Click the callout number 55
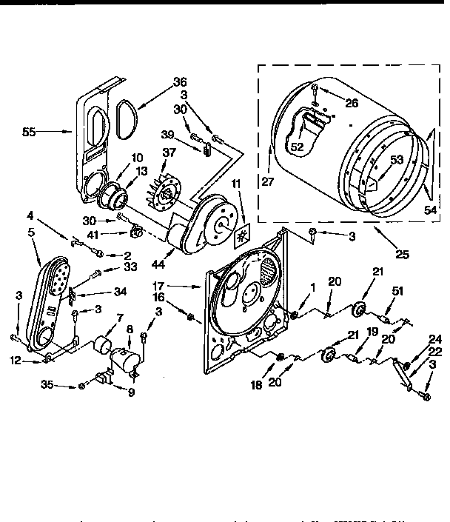click(29, 132)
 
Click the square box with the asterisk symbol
click(243, 237)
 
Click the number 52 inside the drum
click(297, 147)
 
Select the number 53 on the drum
click(397, 159)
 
